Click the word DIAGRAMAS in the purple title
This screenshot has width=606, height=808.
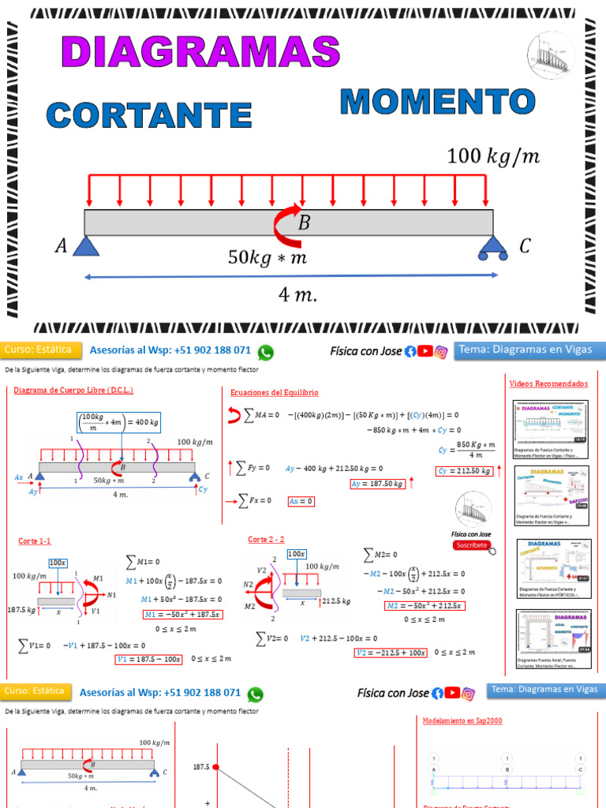200,52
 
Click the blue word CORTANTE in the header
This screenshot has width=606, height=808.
149,114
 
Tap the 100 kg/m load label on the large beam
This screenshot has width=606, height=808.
493,156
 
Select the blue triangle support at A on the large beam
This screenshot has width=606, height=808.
84,246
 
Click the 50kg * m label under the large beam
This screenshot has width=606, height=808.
267,257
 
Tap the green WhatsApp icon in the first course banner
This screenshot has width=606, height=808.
266,352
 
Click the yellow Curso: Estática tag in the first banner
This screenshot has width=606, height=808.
38,350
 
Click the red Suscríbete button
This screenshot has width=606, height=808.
471,545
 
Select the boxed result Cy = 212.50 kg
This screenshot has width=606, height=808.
465,471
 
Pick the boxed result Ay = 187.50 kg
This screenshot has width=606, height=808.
377,484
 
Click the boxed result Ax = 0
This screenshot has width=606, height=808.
301,501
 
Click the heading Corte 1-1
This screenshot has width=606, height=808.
35,541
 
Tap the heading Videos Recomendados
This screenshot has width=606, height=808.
548,383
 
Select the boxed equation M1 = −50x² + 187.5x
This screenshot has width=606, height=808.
182,615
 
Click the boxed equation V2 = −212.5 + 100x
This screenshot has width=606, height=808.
389,653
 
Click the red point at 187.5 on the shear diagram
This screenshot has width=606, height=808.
215,766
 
